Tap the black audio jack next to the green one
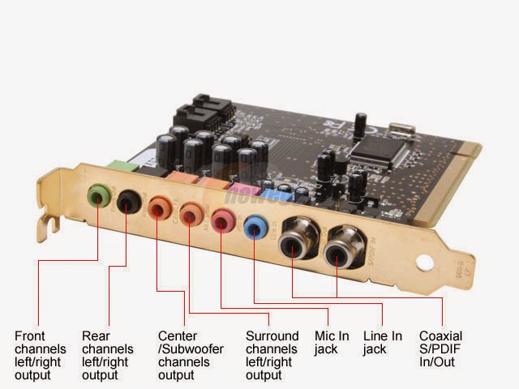[128, 201]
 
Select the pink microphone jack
[221, 220]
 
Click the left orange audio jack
[160, 207]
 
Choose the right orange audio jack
[191, 213]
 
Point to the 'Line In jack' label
[382, 342]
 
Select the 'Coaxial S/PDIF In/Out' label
[441, 348]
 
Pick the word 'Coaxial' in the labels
[441, 336]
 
